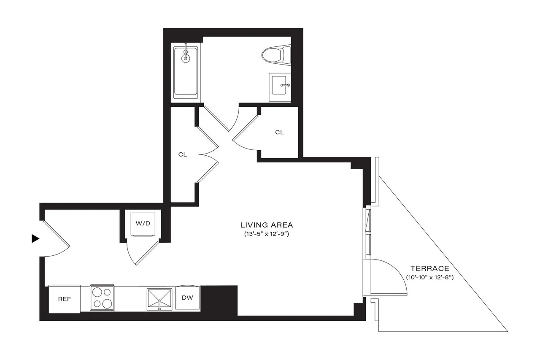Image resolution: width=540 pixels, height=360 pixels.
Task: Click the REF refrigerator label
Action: (x=64, y=299)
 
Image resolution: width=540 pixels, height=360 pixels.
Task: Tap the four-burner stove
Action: (x=102, y=298)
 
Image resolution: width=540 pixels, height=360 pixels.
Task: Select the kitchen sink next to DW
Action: (x=159, y=299)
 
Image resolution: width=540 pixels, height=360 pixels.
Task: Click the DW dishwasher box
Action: (x=187, y=298)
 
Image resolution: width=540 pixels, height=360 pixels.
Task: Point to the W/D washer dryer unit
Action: (x=143, y=224)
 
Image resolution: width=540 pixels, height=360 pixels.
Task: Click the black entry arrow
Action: (x=35, y=239)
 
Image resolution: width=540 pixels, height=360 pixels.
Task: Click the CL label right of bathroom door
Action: (x=279, y=132)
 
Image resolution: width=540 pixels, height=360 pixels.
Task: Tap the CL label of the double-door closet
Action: (x=182, y=154)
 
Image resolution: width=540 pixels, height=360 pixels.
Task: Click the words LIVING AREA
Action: (x=266, y=225)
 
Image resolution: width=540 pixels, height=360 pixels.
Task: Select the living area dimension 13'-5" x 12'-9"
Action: (x=266, y=233)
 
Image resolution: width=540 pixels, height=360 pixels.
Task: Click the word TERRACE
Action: (x=429, y=268)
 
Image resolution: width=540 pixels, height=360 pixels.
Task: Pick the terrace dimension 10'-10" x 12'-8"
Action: (x=429, y=277)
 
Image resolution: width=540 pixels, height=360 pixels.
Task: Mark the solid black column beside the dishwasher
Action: (x=219, y=300)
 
